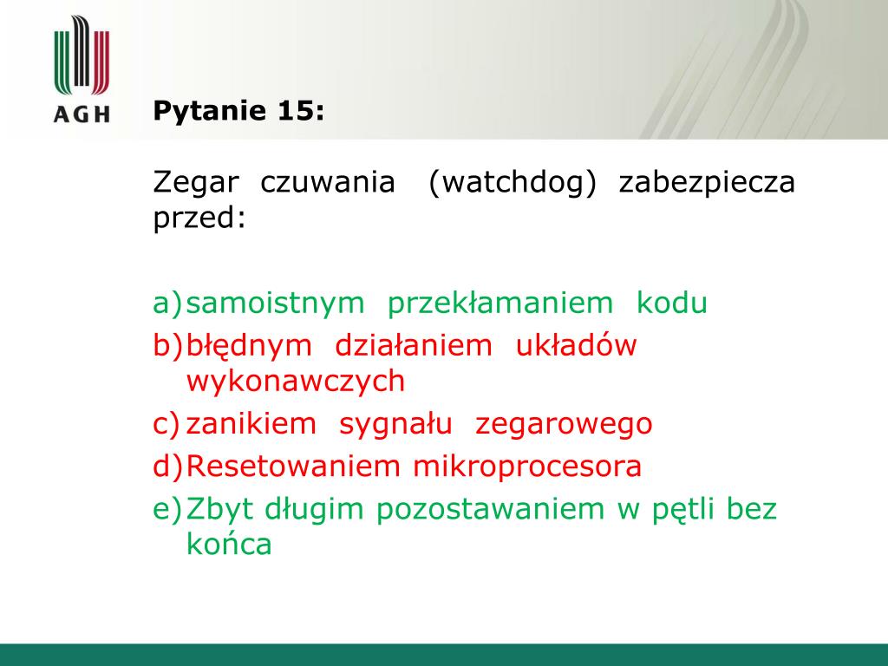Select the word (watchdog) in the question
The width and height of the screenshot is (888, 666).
513,182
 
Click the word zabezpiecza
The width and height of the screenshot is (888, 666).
707,182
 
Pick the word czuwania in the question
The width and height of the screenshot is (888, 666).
327,182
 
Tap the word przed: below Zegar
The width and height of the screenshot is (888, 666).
200,218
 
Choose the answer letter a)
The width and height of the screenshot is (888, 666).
168,303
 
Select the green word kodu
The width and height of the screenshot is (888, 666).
672,302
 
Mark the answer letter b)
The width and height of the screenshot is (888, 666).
168,345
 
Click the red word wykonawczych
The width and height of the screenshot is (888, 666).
296,382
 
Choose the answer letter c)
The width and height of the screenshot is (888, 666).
167,424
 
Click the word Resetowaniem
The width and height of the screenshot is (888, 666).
293,466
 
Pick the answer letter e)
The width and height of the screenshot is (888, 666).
168,509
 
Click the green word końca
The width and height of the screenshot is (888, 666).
229,544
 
